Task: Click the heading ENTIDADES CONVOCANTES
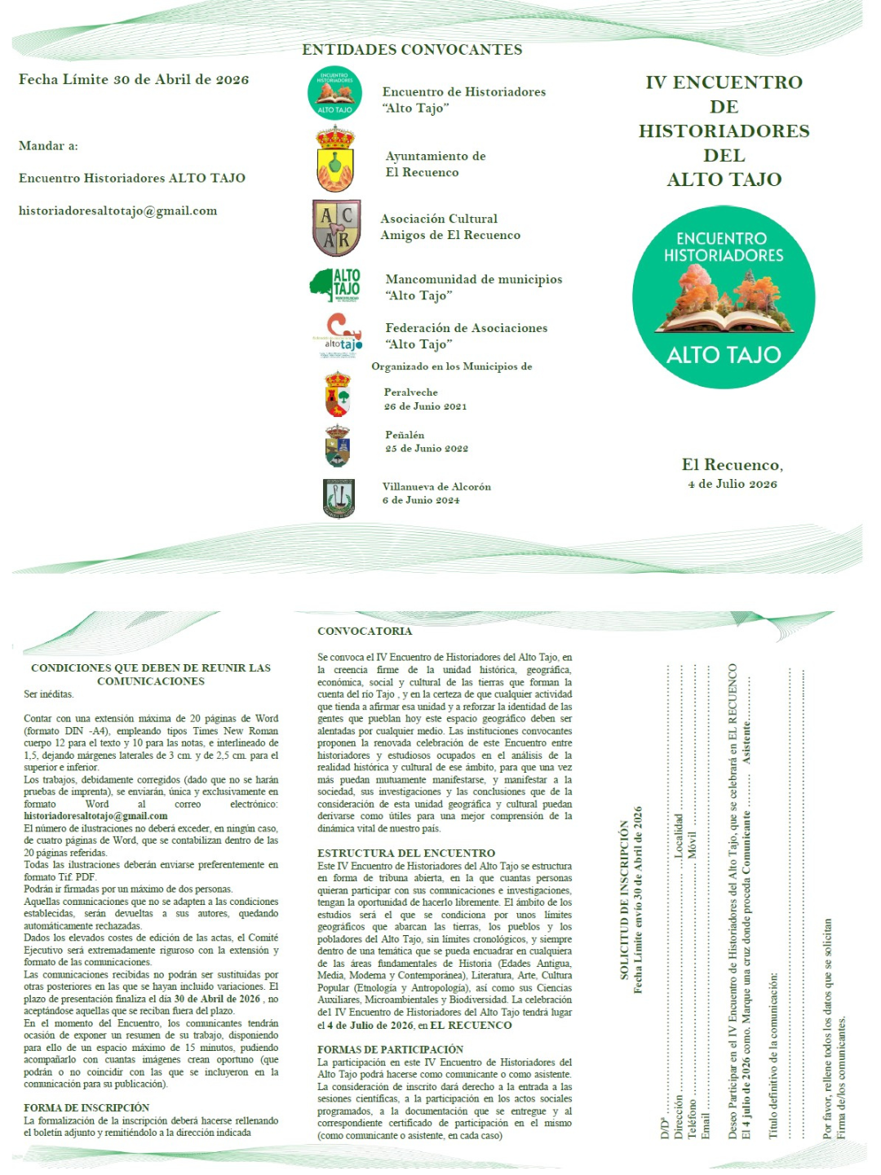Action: [x=412, y=50]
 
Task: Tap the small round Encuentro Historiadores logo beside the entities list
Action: [x=334, y=93]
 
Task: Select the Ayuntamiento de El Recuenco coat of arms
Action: [x=335, y=158]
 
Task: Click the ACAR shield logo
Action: [x=336, y=228]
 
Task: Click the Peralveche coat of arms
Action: [x=337, y=394]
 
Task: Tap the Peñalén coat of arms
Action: [x=337, y=446]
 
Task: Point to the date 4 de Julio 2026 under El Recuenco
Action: [x=732, y=484]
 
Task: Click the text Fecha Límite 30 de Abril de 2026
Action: [x=134, y=79]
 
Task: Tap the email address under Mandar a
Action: [x=118, y=211]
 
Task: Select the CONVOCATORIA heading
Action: [x=365, y=631]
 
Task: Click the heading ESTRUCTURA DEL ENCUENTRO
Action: [x=406, y=853]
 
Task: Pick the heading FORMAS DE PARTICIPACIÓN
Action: [x=390, y=1049]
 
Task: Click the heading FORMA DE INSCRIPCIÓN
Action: [x=86, y=1107]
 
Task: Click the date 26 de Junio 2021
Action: [x=425, y=406]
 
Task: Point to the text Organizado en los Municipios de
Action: [x=452, y=366]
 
